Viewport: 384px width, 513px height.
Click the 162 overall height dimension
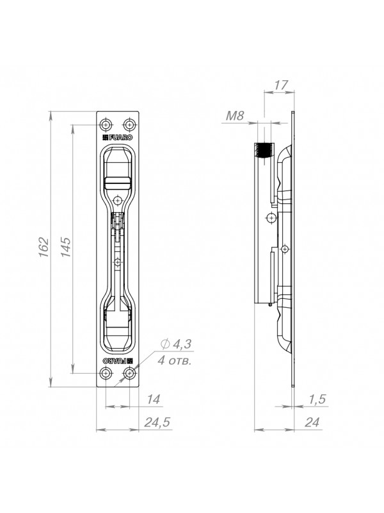point(44,247)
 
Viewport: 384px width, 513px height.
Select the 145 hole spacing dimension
point(66,247)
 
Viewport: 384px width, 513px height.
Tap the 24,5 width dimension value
point(157,422)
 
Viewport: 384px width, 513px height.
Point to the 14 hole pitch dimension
point(153,399)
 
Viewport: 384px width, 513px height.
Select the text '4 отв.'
point(174,360)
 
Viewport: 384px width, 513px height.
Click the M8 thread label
point(235,115)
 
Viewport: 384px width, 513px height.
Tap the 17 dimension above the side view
point(280,85)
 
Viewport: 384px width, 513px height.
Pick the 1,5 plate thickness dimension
point(317,399)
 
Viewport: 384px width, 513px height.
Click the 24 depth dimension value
point(312,422)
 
